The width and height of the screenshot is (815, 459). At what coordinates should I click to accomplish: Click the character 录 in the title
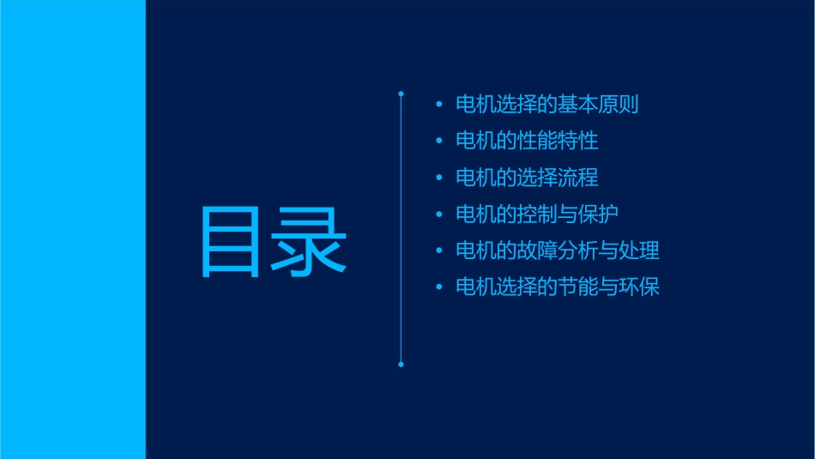tap(310, 241)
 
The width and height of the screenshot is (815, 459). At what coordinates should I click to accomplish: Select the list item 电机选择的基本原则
tap(546, 105)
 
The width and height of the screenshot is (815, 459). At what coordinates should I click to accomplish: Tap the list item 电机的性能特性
tap(527, 141)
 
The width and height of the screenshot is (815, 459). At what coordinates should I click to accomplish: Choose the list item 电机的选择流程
tap(527, 178)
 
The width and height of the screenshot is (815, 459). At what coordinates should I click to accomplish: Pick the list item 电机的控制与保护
tap(537, 214)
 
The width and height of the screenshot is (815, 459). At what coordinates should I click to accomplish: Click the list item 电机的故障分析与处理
tap(557, 251)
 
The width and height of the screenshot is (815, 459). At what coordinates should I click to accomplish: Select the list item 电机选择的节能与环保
tap(557, 287)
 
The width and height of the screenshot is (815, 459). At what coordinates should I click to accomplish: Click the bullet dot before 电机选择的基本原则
tap(438, 106)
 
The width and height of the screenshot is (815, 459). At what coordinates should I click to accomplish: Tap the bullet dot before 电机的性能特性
tap(438, 142)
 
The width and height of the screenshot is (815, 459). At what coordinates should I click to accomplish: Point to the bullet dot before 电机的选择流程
tap(438, 178)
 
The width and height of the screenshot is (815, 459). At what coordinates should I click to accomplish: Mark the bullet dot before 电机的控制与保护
tap(438, 214)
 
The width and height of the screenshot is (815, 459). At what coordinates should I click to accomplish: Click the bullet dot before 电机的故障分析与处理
tap(438, 251)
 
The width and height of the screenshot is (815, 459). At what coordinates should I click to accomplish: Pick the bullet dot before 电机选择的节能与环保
tap(438, 287)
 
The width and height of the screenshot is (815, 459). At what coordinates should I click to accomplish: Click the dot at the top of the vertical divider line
tap(401, 92)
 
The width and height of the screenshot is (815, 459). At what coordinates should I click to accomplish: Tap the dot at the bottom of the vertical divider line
tap(401, 365)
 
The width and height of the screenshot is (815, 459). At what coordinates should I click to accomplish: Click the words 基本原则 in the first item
tap(598, 105)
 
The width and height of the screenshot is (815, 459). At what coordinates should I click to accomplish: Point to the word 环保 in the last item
tap(639, 287)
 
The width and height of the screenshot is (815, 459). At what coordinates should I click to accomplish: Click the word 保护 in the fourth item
tap(598, 214)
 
